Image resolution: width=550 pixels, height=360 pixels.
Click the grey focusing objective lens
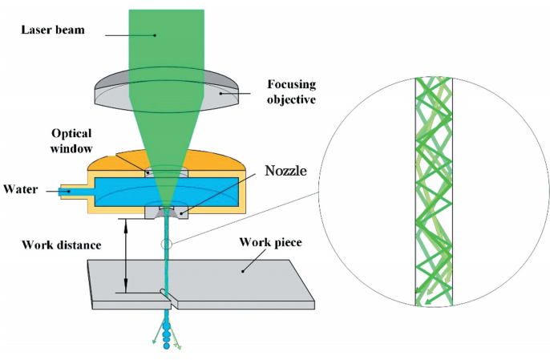coord(120,90)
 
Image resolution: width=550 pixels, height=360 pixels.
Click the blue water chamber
coord(120,192)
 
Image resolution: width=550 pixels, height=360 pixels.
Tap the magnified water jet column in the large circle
coord(433,192)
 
